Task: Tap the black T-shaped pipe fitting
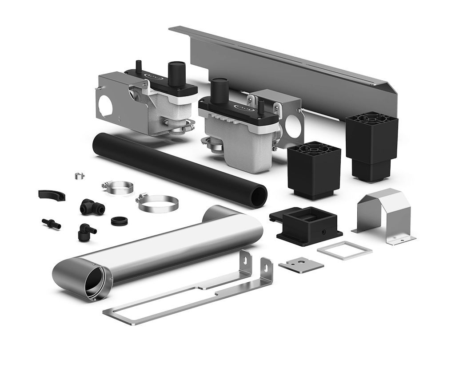(x=88, y=206)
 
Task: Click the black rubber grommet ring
(x=119, y=220)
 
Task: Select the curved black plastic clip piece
(x=50, y=194)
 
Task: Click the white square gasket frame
(x=344, y=249)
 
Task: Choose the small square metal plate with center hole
(x=301, y=264)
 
